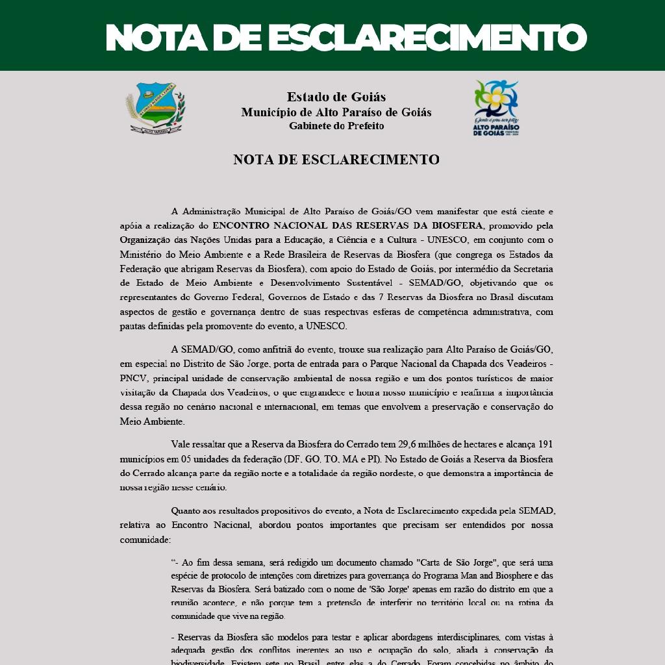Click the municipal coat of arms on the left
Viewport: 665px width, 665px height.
[155, 108]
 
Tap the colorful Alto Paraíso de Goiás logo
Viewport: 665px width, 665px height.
[496, 108]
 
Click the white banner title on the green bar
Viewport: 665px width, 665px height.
[346, 37]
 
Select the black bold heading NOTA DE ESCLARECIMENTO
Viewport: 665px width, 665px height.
[336, 160]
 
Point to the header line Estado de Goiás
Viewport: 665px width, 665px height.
[336, 97]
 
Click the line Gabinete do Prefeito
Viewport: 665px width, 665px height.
[336, 126]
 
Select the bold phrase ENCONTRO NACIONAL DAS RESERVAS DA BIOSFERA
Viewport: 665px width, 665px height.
[347, 225]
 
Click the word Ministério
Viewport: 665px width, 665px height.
[141, 255]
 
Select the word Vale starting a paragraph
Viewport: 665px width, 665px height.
[182, 444]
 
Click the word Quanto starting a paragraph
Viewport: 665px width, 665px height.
[186, 510]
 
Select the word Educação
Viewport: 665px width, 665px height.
[291, 240]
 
